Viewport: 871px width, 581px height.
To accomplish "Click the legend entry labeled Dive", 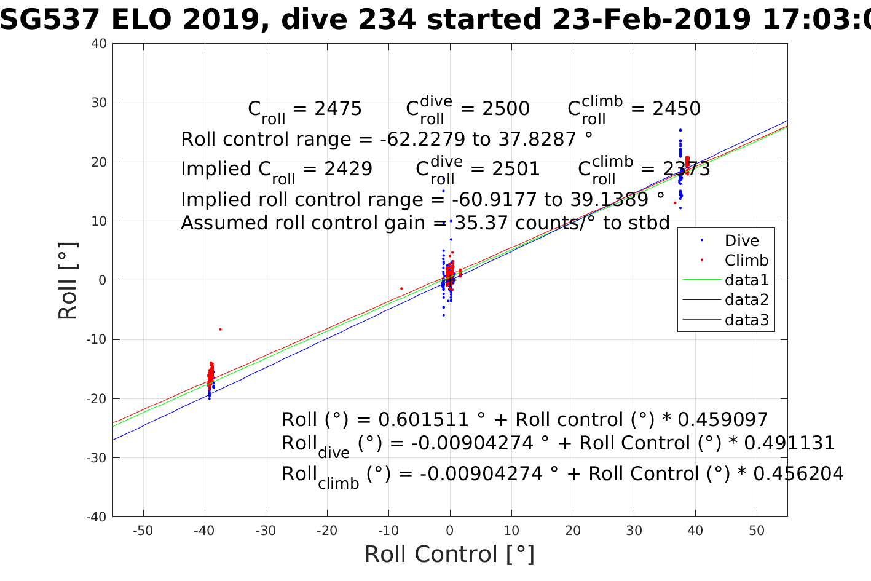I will tap(741, 241).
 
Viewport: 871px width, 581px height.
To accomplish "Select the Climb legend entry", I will tap(746, 261).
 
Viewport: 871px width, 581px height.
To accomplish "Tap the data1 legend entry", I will tap(746, 280).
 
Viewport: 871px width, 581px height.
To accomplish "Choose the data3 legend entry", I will tap(746, 320).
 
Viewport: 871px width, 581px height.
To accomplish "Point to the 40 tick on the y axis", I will tap(100, 44).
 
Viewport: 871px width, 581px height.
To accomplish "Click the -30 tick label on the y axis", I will tap(97, 458).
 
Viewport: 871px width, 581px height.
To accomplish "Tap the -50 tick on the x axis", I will tap(143, 531).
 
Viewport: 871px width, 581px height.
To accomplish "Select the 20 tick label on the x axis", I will tap(573, 531).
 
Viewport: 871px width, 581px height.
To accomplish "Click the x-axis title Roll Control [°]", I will tap(449, 555).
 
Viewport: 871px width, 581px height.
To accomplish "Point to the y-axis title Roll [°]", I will tap(68, 281).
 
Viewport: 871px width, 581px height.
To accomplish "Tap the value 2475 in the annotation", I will tap(338, 109).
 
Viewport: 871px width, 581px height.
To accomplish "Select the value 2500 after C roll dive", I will tap(505, 109).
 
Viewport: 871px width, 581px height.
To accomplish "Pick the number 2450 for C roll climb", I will tap(676, 109).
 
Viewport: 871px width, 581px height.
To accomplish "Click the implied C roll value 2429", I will tap(349, 169).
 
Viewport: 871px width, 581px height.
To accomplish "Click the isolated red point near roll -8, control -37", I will tap(220, 330).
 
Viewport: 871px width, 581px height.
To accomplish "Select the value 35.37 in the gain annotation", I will tap(482, 223).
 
